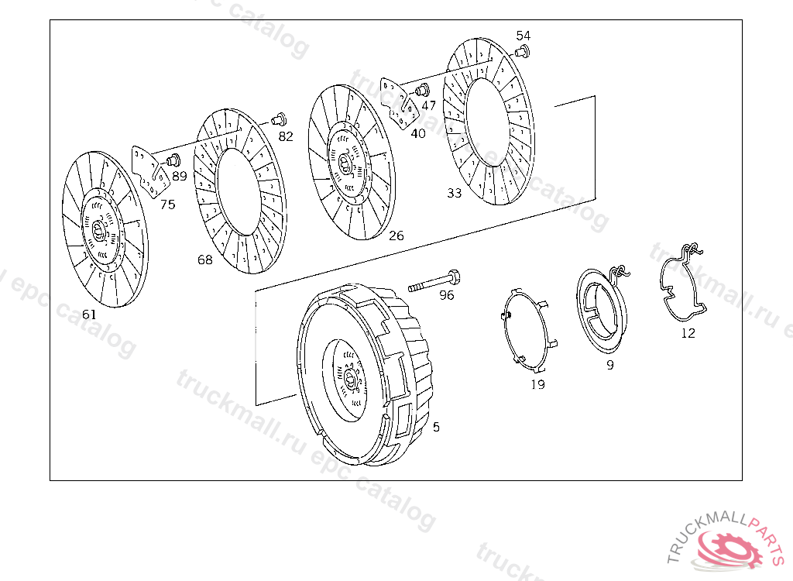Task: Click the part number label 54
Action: (x=523, y=36)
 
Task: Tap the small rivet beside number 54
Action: (x=522, y=51)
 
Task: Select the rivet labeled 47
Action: (x=422, y=91)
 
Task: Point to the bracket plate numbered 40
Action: (x=399, y=104)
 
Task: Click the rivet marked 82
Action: (x=279, y=119)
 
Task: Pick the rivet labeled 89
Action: (x=173, y=160)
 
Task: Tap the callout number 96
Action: (x=447, y=295)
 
